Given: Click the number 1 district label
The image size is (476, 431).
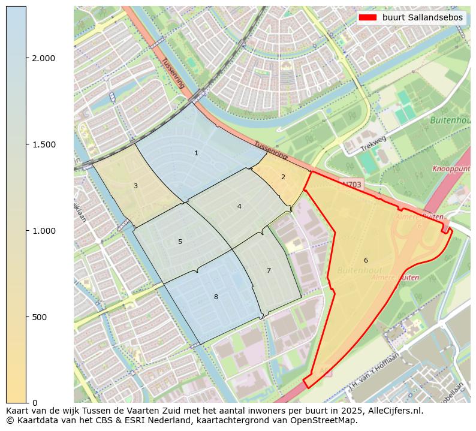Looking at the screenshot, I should [x=196, y=153].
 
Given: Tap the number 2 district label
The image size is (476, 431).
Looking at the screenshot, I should [x=283, y=177].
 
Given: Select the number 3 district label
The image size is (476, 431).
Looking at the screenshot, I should [x=135, y=186].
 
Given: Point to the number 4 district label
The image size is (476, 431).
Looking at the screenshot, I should [x=239, y=206].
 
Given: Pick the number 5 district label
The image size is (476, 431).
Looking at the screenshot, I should [x=180, y=242].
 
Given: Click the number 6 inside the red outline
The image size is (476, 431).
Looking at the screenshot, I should [x=366, y=260].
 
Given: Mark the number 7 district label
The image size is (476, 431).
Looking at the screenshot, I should [x=269, y=270].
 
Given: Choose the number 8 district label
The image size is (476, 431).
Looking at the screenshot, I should [x=216, y=297].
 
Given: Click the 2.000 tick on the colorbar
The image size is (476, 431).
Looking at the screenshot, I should [x=43, y=58].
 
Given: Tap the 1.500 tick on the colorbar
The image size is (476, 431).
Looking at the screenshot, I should [x=43, y=144].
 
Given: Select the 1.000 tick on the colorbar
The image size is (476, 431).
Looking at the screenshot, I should [x=43, y=231].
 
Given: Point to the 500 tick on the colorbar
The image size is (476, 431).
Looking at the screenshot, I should [x=38, y=317].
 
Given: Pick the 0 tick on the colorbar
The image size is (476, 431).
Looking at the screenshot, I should [x=35, y=402].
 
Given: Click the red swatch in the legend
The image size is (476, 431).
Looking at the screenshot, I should [x=367, y=17].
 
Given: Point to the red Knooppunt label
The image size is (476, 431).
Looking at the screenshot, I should [x=453, y=170].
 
